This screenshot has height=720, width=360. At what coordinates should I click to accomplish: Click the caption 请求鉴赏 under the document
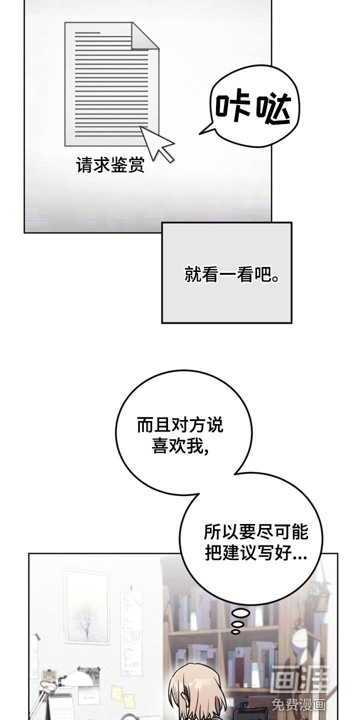pyautogui.click(x=110, y=165)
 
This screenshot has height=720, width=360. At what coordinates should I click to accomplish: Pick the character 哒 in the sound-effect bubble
pyautogui.click(x=273, y=109)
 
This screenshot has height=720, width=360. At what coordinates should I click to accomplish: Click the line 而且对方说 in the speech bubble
pyautogui.click(x=180, y=425)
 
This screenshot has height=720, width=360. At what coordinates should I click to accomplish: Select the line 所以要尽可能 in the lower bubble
pyautogui.click(x=256, y=532)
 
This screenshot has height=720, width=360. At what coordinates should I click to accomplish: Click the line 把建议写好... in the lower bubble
pyautogui.click(x=256, y=553)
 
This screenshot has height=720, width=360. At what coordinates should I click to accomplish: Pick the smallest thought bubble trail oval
pyautogui.click(x=235, y=631)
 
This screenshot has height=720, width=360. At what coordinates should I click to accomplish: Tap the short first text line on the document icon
pyautogui.click(x=87, y=32)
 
